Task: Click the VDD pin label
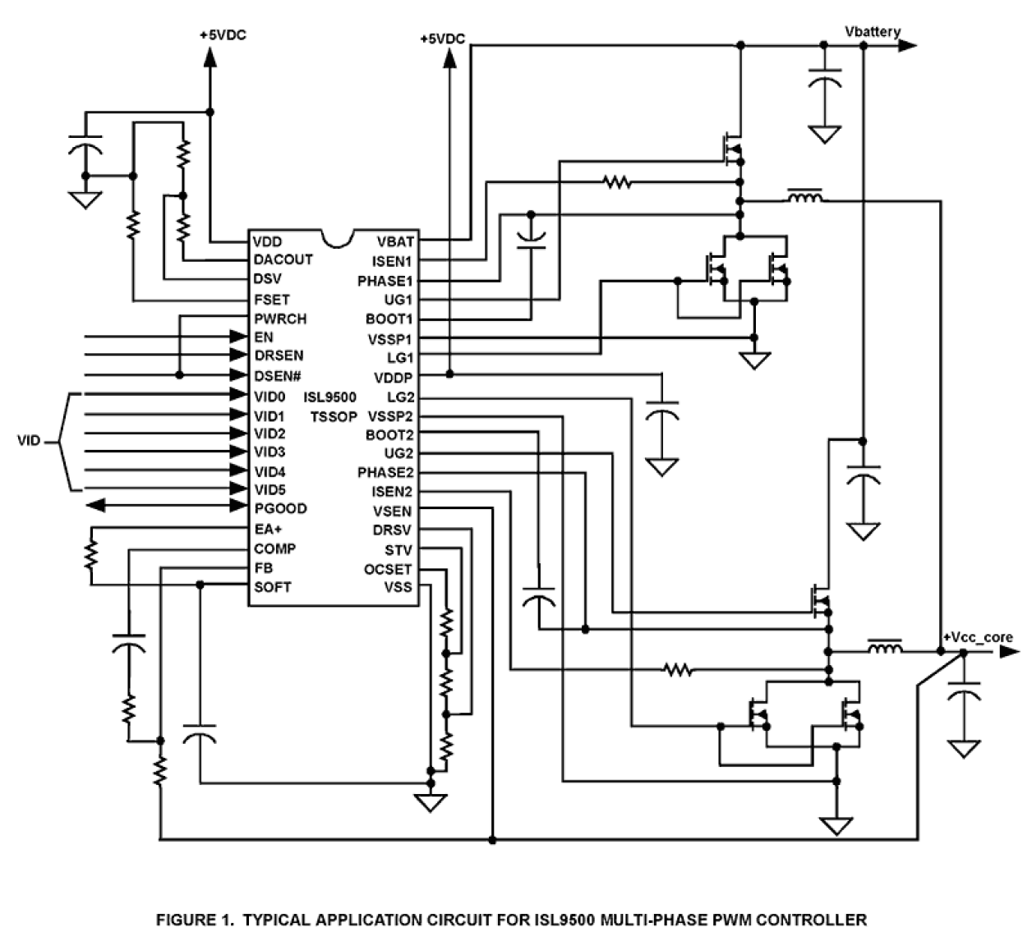267,241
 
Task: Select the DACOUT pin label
283,259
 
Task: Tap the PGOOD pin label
280,508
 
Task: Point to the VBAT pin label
395,241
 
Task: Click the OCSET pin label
388,569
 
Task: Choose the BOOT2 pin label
389,434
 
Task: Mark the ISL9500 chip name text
330,397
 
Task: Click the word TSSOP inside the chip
334,416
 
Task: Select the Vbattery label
873,31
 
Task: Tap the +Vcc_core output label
978,637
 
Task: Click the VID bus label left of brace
29,442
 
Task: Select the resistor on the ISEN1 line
617,182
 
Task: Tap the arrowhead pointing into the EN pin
239,337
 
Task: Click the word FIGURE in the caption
183,920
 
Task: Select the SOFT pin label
272,587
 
